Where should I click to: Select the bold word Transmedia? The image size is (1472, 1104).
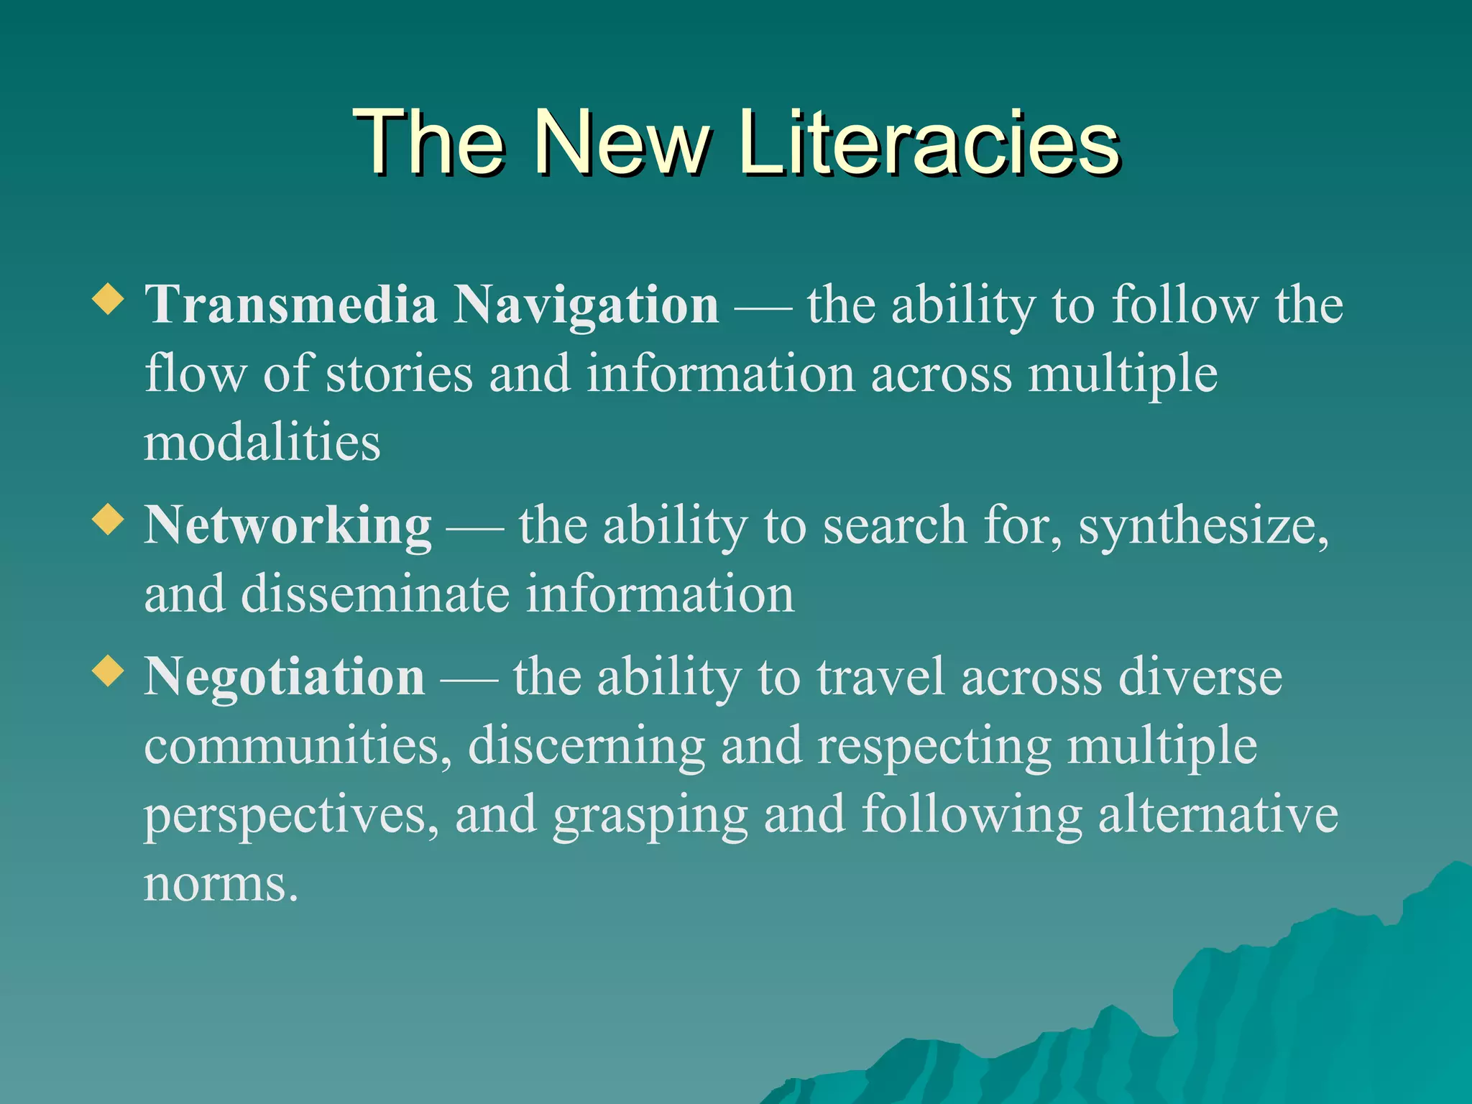pyautogui.click(x=291, y=305)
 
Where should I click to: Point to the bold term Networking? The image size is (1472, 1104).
pyautogui.click(x=287, y=526)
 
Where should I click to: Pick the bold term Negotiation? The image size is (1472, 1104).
pyautogui.click(x=285, y=678)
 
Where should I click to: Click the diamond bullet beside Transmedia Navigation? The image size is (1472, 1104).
pyautogui.click(x=109, y=298)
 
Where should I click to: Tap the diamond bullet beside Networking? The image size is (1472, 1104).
pyautogui.click(x=109, y=519)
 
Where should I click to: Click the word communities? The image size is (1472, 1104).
pyautogui.click(x=298, y=746)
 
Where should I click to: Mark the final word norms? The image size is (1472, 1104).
pyautogui.click(x=220, y=885)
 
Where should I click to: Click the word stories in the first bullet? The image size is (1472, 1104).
pyautogui.click(x=400, y=374)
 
